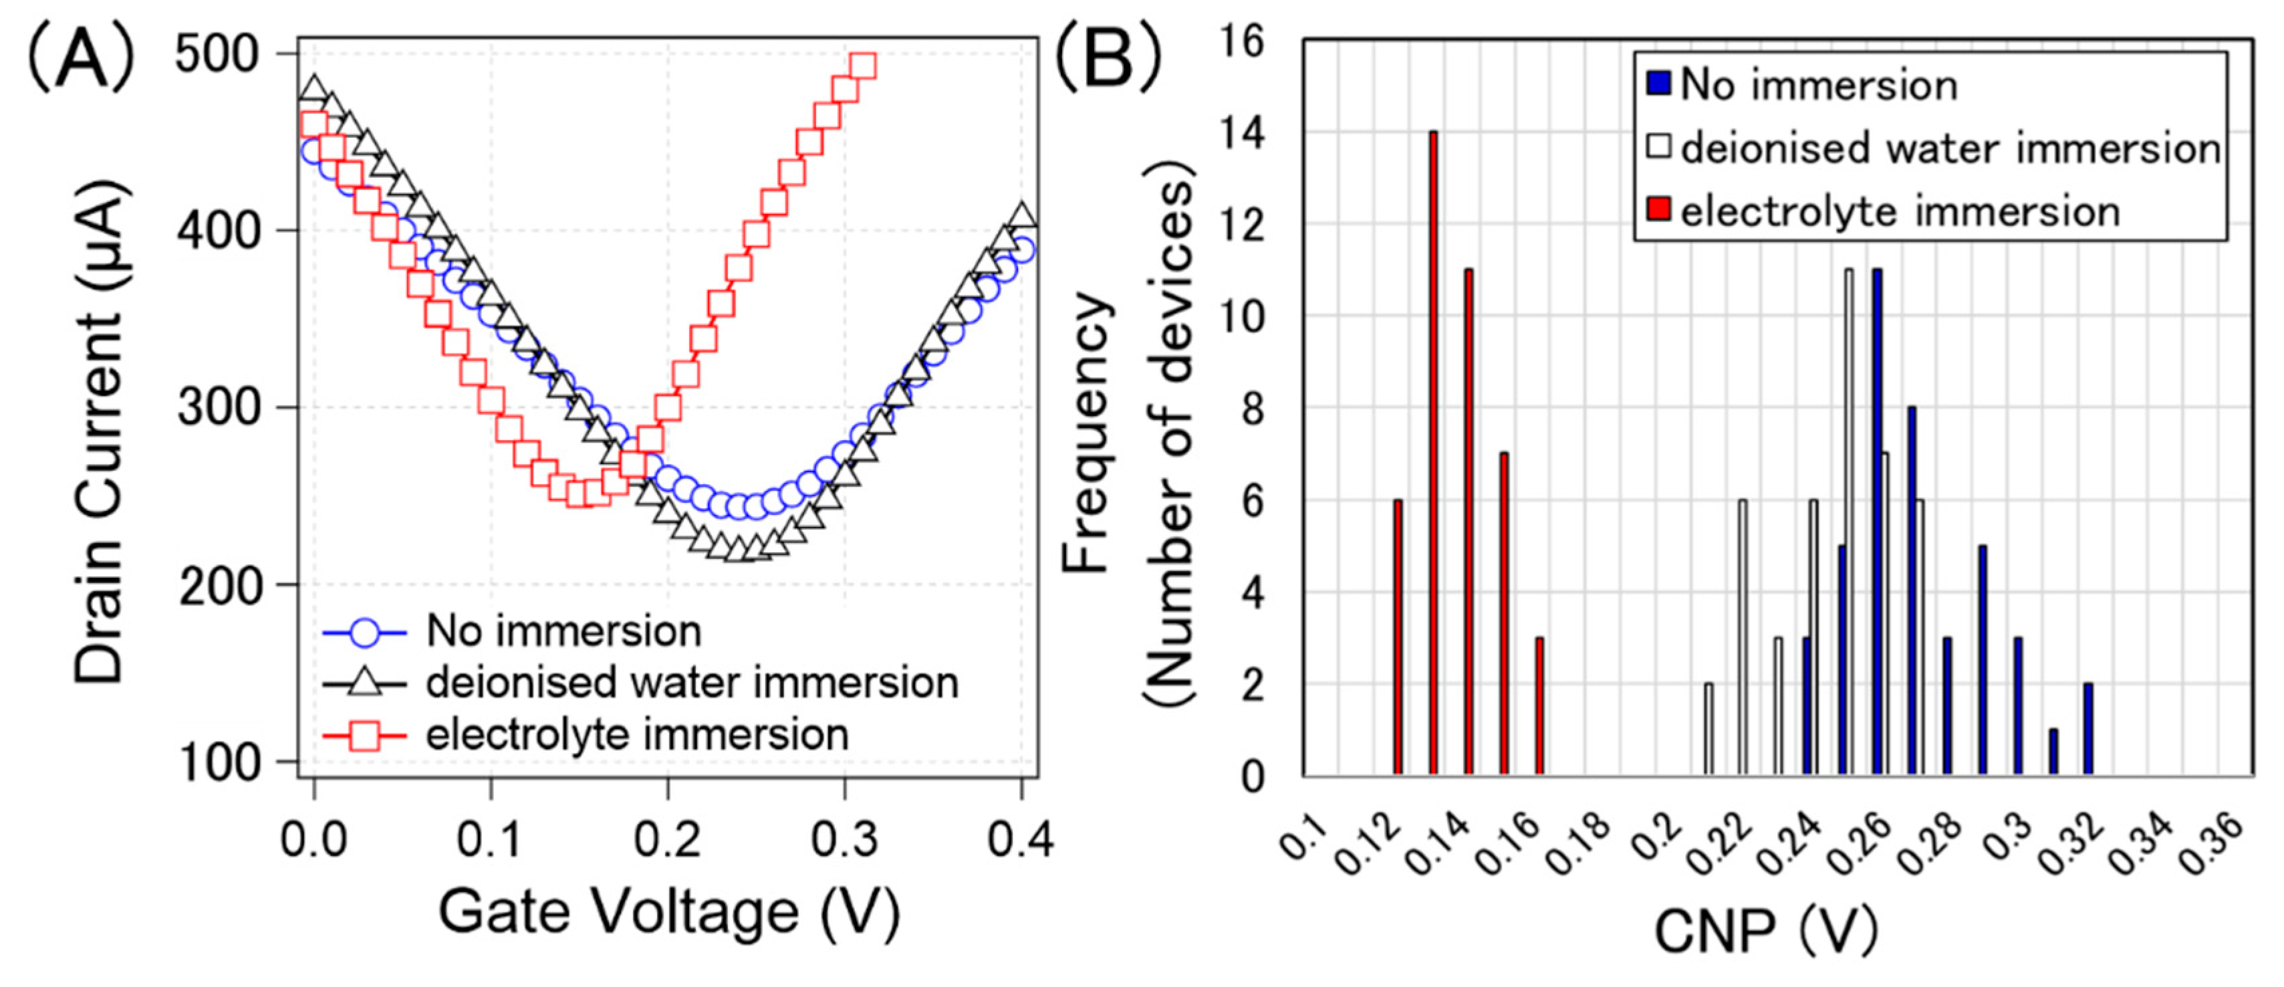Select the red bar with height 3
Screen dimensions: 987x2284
point(1539,707)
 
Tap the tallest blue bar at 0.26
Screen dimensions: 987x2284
point(1877,523)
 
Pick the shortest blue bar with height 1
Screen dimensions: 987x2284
point(2053,753)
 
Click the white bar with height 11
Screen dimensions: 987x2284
point(1849,523)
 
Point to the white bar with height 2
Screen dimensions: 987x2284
point(1708,730)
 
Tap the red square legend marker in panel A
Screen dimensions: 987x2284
point(364,735)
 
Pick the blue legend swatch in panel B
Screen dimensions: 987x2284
point(1658,84)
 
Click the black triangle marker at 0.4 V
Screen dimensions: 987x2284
point(1022,215)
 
